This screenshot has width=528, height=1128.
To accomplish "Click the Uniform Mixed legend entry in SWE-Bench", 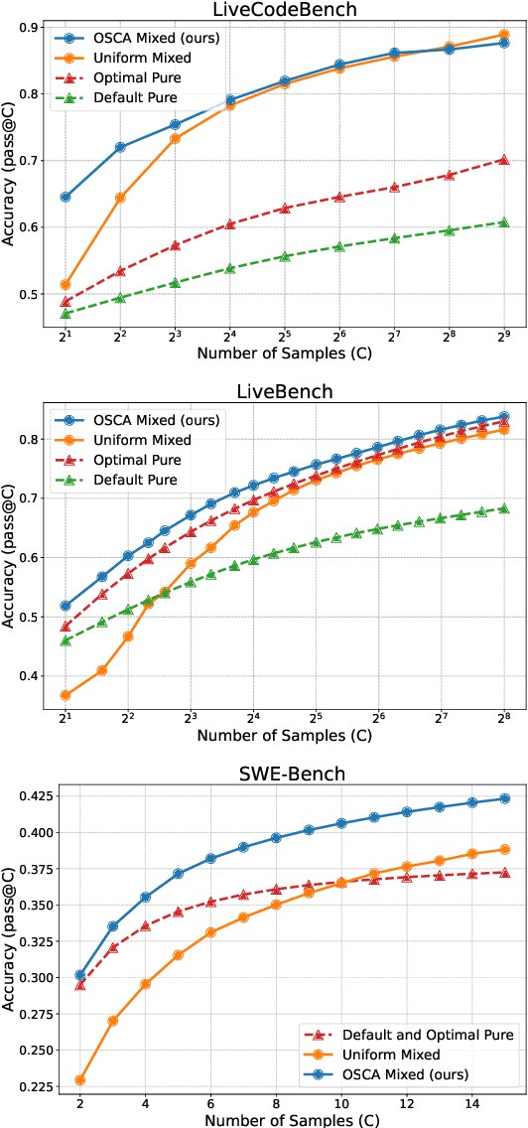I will (385, 1055).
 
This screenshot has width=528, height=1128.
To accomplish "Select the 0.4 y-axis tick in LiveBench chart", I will (38, 676).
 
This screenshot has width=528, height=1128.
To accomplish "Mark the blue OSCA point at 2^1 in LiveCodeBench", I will (66, 197).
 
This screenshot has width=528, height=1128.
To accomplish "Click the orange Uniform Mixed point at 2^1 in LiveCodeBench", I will (66, 285).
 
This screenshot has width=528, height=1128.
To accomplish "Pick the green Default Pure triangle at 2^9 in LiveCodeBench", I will (503, 222).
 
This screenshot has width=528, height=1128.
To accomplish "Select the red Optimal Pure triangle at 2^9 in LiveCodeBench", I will (503, 159).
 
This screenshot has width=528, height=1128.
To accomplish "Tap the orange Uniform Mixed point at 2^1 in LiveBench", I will (66, 695).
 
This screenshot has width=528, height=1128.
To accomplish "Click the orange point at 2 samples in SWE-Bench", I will (79, 1080).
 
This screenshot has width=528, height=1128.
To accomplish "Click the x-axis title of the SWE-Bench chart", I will (284, 1120).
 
